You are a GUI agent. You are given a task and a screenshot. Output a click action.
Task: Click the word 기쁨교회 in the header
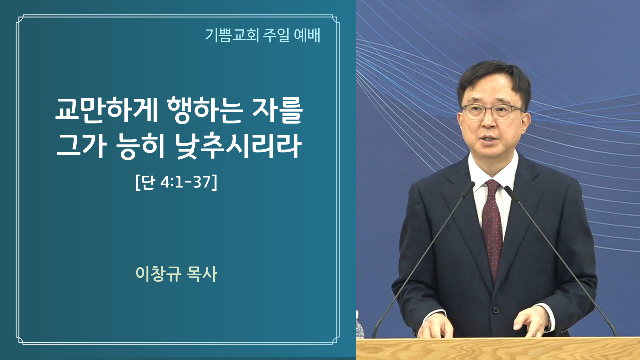point(232,35)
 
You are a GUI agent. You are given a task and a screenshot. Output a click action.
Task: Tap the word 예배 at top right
point(307,35)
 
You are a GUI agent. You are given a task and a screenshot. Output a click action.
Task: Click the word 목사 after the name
point(201,274)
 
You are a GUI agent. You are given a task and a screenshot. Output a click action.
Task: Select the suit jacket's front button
point(496,309)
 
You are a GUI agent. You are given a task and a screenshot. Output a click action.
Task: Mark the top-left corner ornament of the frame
point(20,19)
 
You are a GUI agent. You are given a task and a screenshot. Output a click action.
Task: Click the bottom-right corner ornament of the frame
point(335,340)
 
